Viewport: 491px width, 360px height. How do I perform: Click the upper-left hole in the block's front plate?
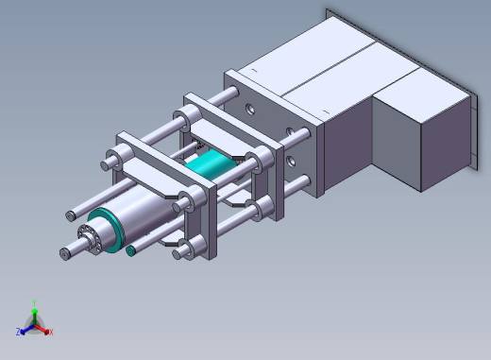coord(250,110)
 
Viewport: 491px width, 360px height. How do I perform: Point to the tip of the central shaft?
coord(63,253)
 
